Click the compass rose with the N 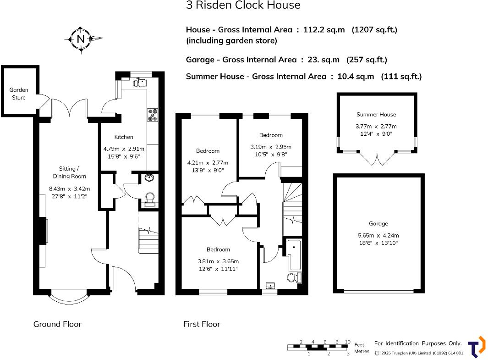point(82,39)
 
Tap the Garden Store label point(19,94)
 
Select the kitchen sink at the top point(140,83)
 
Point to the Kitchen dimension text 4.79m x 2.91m point(123,149)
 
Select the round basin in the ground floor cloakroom point(149,178)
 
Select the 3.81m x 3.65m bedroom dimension point(218,261)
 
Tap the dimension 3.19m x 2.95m point(271,147)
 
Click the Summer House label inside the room point(376,115)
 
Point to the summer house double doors point(377,159)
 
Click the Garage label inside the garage point(378,224)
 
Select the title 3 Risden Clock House point(243,6)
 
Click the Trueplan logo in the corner point(476,347)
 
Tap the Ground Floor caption point(57,324)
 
